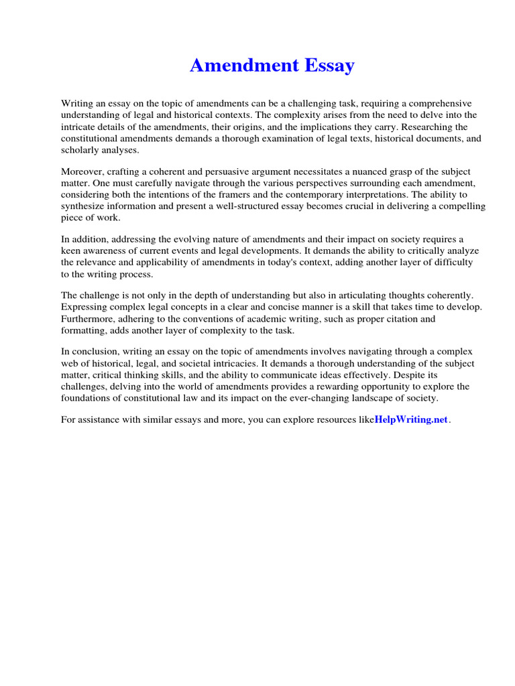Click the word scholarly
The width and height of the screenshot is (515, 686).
pyautogui.click(x=81, y=151)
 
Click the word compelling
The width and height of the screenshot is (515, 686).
pyautogui.click(x=461, y=207)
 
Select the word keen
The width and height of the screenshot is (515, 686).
pyautogui.click(x=70, y=251)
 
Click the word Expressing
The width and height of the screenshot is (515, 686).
pyautogui.click(x=84, y=307)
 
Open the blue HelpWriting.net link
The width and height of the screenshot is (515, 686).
pyautogui.click(x=410, y=420)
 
